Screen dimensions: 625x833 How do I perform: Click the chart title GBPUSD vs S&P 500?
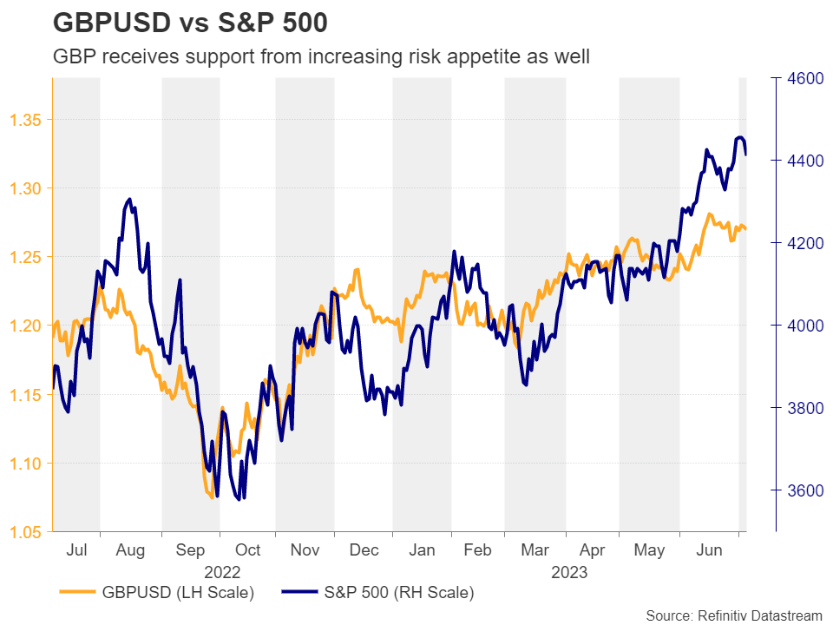[x=190, y=23]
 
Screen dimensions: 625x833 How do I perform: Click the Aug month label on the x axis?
[x=130, y=550]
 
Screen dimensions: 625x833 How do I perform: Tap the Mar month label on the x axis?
[x=535, y=550]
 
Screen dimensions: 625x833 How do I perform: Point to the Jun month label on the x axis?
[x=710, y=550]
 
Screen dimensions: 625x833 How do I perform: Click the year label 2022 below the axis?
[x=221, y=573]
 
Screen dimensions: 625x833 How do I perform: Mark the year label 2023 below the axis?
[x=568, y=573]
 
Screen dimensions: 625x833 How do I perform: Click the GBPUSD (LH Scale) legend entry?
[x=157, y=594]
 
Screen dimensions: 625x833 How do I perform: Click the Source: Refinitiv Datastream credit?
[x=733, y=615]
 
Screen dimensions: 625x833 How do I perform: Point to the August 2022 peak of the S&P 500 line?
[x=129, y=199]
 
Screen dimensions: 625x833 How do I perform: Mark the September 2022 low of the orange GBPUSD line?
[x=211, y=497]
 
